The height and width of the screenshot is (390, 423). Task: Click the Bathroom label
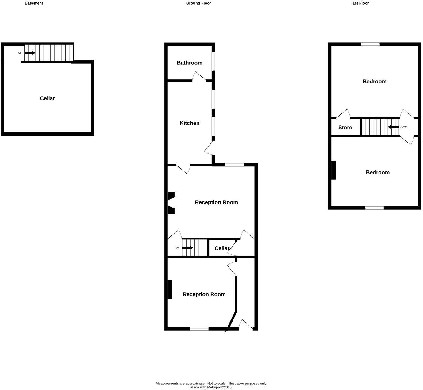click(189, 63)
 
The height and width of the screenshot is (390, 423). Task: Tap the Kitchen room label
click(189, 123)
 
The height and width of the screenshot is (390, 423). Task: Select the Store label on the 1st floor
click(345, 128)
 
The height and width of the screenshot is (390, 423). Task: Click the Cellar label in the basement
click(47, 98)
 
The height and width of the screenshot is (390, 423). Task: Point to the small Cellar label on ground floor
click(222, 248)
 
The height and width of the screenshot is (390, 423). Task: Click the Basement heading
click(34, 3)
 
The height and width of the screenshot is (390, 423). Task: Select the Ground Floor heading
click(198, 3)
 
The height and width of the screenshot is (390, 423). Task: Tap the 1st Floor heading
click(360, 3)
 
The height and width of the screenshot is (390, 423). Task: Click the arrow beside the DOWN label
click(393, 127)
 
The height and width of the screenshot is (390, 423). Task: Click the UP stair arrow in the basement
click(30, 53)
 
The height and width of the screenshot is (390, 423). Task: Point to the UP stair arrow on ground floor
click(187, 248)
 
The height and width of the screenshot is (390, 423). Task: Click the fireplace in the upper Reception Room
click(171, 203)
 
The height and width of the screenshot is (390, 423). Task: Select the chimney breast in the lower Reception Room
click(170, 289)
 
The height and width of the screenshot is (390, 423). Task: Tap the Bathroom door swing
click(199, 76)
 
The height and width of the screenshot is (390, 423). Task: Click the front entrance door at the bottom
click(246, 325)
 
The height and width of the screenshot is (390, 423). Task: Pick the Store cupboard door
click(343, 114)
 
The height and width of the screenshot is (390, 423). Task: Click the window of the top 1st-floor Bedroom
click(370, 44)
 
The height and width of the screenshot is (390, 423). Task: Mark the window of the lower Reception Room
click(199, 329)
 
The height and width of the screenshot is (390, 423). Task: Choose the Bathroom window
click(213, 61)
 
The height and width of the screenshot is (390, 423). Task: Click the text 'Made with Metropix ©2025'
click(211, 388)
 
